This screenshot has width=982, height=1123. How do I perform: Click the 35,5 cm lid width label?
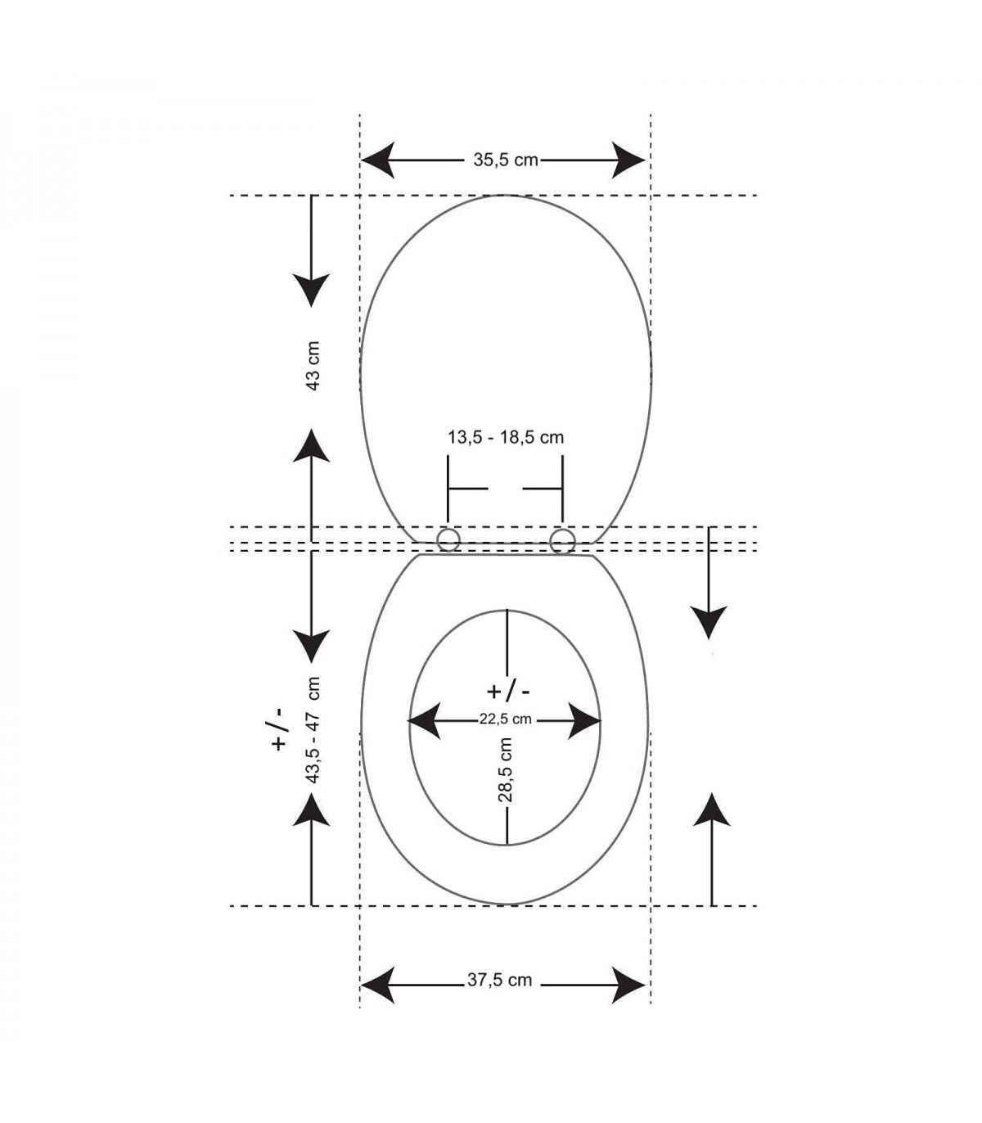505,160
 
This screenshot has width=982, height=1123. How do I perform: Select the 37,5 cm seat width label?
499,980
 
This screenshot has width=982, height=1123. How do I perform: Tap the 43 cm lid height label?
313,366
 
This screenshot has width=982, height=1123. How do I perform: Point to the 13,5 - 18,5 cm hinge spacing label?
505,437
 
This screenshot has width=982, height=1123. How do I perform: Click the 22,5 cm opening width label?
505,719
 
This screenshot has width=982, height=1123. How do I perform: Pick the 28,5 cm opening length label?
505,769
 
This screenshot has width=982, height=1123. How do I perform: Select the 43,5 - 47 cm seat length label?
313,730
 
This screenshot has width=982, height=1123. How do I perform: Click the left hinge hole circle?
448,540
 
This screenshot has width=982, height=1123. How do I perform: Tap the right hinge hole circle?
561,540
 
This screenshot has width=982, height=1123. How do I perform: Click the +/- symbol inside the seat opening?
508,692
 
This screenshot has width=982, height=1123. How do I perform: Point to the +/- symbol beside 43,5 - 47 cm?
279,728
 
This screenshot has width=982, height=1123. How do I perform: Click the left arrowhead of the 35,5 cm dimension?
378,160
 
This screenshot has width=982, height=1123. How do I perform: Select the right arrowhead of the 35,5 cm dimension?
628,160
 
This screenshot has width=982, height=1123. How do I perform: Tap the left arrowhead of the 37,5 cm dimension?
378,985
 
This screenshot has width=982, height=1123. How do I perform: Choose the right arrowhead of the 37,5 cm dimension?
628,985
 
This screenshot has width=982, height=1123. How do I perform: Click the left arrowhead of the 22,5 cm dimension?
424,720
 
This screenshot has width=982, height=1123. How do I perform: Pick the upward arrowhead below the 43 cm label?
311,445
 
